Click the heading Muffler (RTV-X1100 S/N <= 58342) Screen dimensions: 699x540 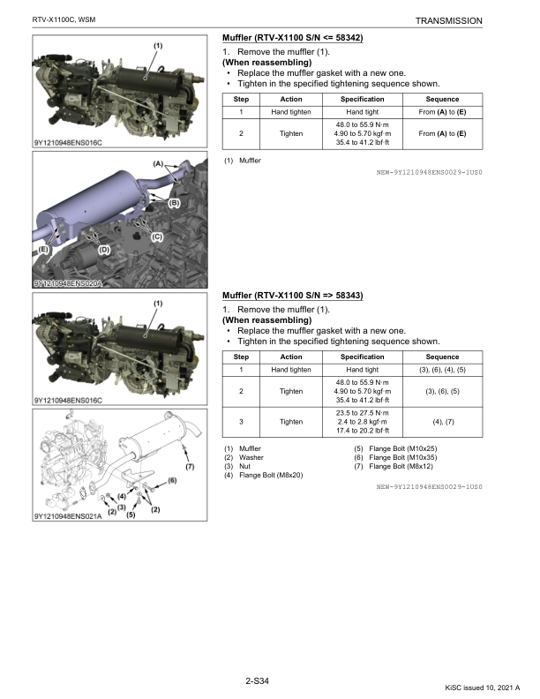(293, 38)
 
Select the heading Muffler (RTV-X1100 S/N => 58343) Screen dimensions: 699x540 (293, 295)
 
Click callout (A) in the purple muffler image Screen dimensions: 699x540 (159, 164)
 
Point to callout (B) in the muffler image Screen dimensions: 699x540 (174, 203)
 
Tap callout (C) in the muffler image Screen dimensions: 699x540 (156, 237)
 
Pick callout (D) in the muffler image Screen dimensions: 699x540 (103, 250)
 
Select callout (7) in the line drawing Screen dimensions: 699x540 (190, 465)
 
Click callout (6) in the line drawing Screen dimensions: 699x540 (173, 479)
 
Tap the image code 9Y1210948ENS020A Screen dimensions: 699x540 (68, 283)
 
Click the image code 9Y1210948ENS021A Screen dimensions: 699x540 (68, 516)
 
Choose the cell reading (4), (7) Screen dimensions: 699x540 (445, 422)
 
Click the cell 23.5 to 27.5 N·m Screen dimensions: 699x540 (364, 412)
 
